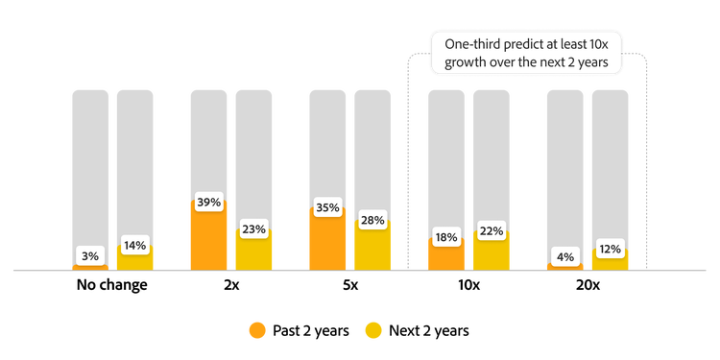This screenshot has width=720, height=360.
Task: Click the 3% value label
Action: click(x=90, y=256)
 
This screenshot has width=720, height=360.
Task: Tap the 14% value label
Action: click(x=135, y=245)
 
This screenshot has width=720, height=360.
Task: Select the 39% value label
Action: click(x=208, y=203)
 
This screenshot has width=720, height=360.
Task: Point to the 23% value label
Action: click(x=254, y=229)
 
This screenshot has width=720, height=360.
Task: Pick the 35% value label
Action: click(x=327, y=207)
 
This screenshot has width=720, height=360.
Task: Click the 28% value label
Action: click(x=372, y=221)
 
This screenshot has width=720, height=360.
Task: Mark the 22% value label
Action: click(x=492, y=230)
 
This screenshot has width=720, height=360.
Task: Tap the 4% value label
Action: click(x=564, y=256)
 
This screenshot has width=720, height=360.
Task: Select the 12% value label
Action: click(x=611, y=249)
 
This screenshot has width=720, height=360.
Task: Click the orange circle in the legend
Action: click(x=257, y=330)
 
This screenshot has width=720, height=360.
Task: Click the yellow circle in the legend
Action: click(x=373, y=330)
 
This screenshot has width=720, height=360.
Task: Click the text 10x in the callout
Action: click(x=599, y=45)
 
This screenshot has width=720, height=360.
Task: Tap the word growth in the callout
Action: click(x=455, y=64)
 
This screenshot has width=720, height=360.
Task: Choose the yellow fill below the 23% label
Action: click(x=254, y=254)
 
